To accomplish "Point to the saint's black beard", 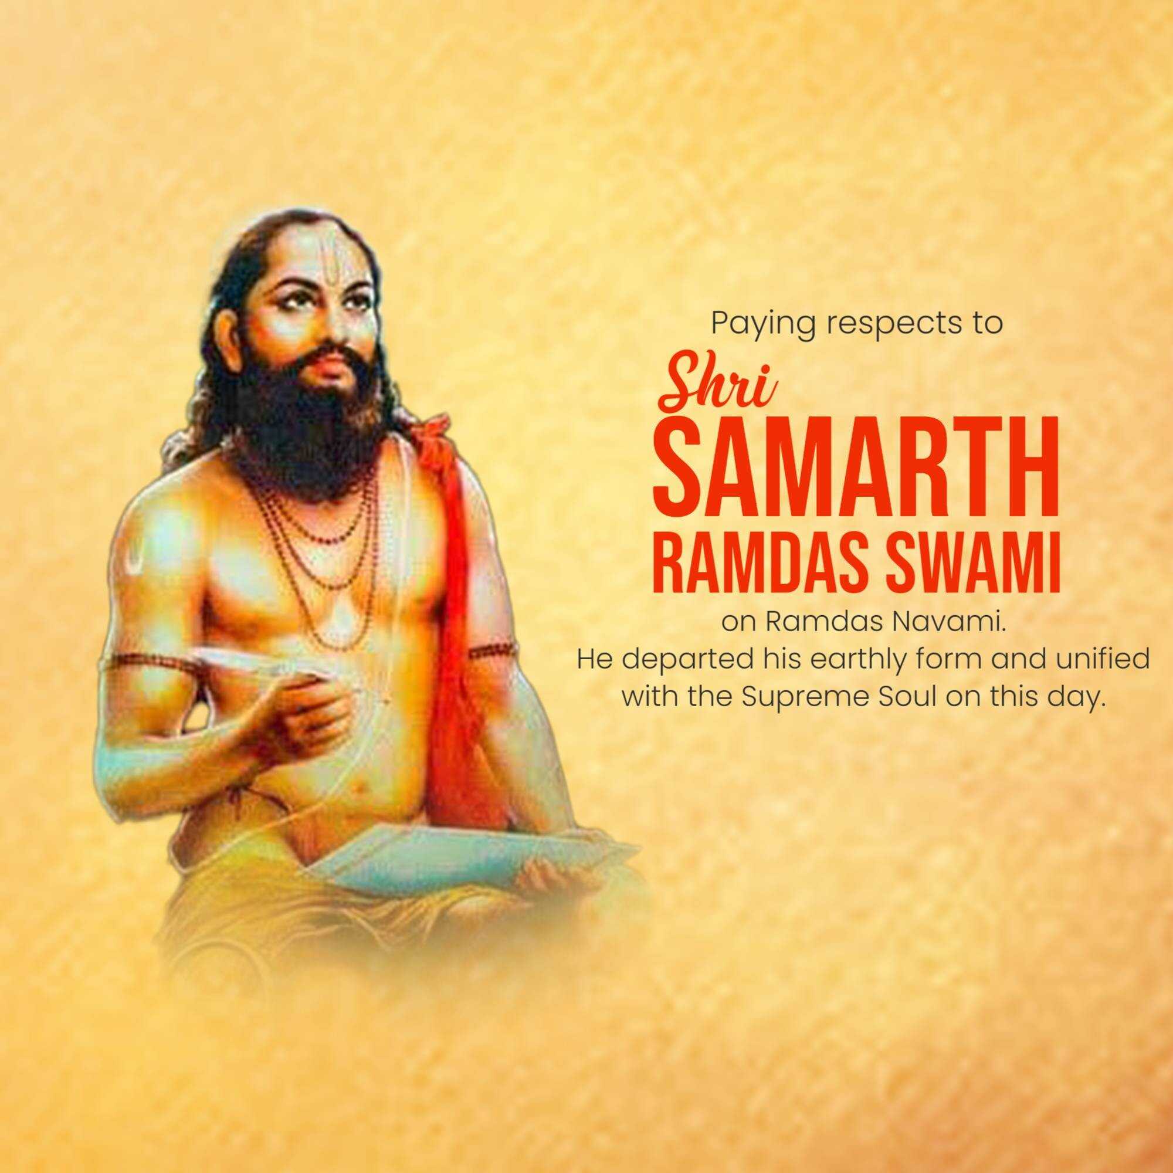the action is (322, 413).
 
